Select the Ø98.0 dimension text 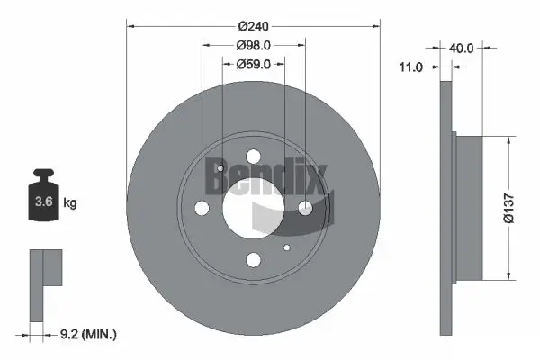point(254,45)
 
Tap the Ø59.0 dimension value point(254,64)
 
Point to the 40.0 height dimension point(463,49)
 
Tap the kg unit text point(70,203)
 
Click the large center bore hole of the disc point(253,208)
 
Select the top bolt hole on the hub point(253,156)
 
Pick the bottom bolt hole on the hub point(253,260)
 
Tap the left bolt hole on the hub point(202,208)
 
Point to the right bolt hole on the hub point(305,208)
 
